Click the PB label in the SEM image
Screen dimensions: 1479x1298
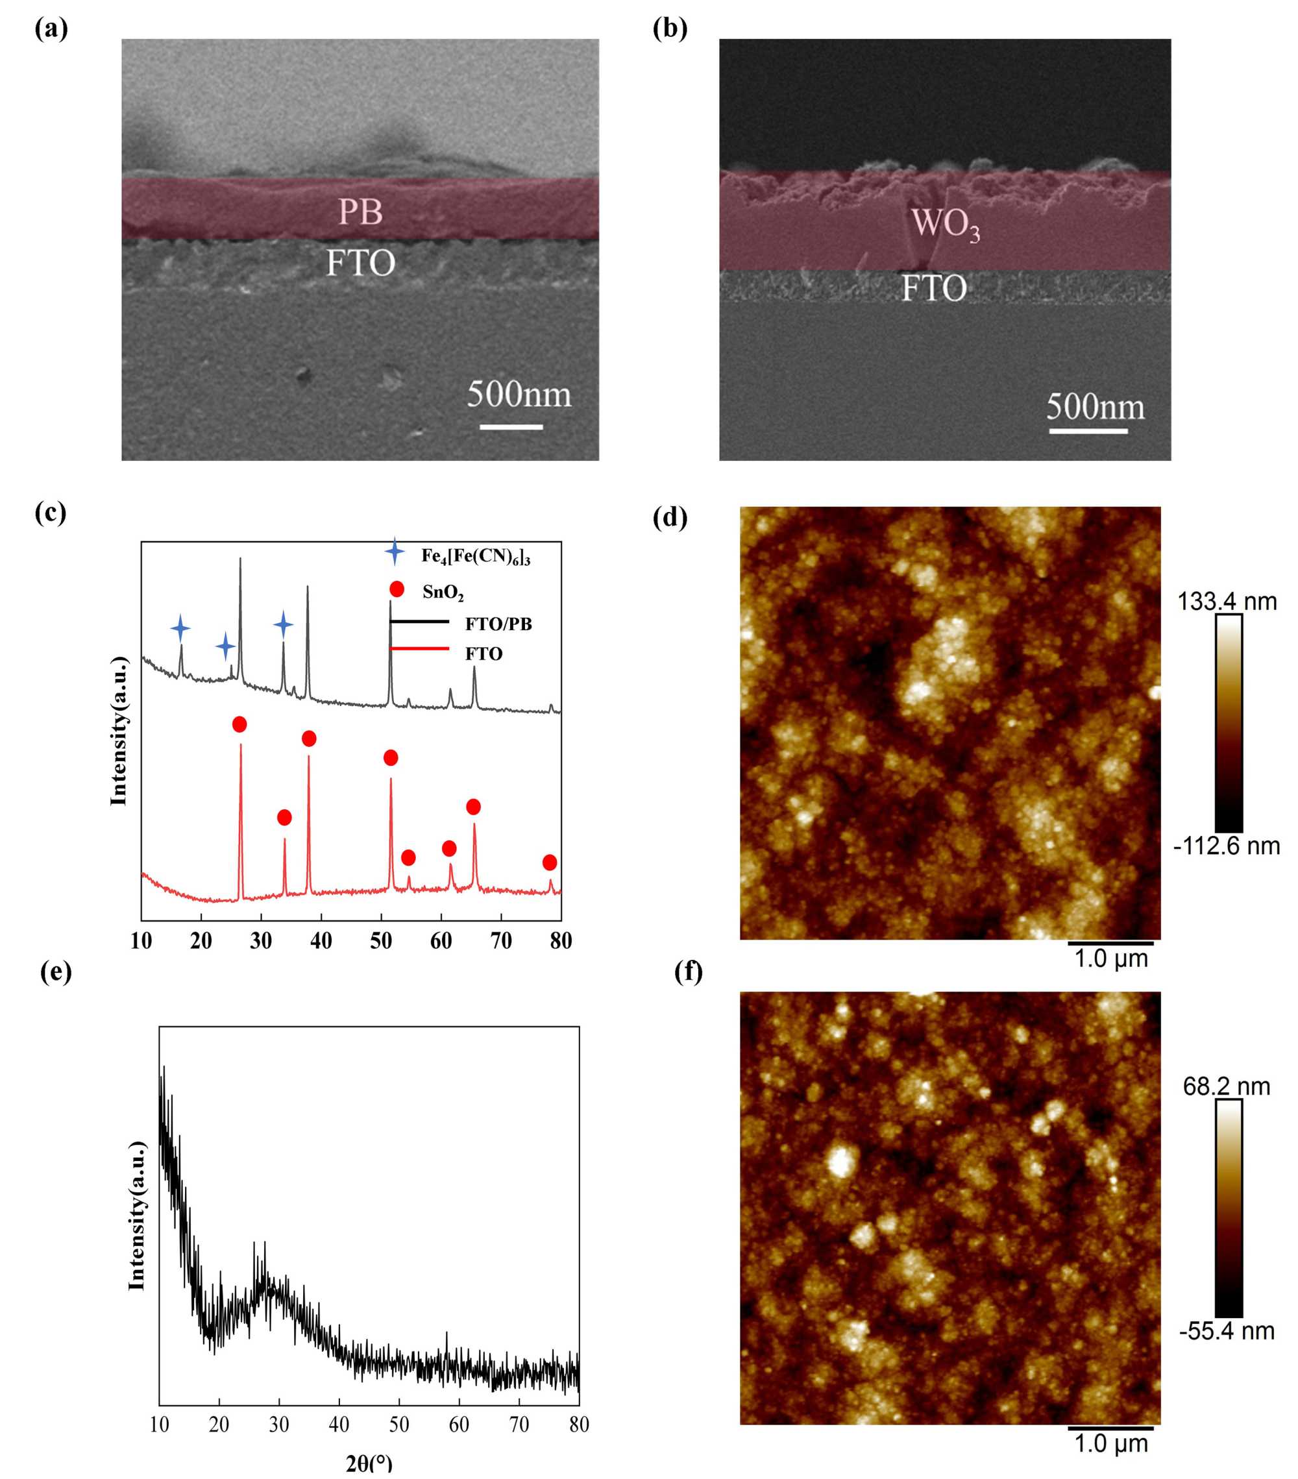click(x=360, y=212)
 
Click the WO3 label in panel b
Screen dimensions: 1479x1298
click(x=945, y=224)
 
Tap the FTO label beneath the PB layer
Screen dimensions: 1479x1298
click(x=360, y=263)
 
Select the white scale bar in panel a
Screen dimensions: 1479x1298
click(x=511, y=427)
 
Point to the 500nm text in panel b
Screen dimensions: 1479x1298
click(x=1095, y=407)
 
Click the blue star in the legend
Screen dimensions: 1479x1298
click(x=395, y=552)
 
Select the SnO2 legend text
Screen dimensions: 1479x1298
click(x=443, y=593)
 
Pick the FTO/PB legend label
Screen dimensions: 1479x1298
click(x=498, y=624)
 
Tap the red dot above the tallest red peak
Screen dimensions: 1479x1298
click(x=239, y=724)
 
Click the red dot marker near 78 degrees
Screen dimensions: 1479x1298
click(x=549, y=862)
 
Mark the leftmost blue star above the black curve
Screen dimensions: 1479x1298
click(x=180, y=628)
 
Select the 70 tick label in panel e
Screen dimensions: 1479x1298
click(x=519, y=1424)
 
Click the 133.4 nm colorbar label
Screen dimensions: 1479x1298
click(x=1227, y=602)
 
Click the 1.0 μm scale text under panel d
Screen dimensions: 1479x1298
click(x=1110, y=959)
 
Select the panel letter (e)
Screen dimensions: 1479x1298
click(x=56, y=972)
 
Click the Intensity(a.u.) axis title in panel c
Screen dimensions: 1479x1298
click(x=119, y=731)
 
